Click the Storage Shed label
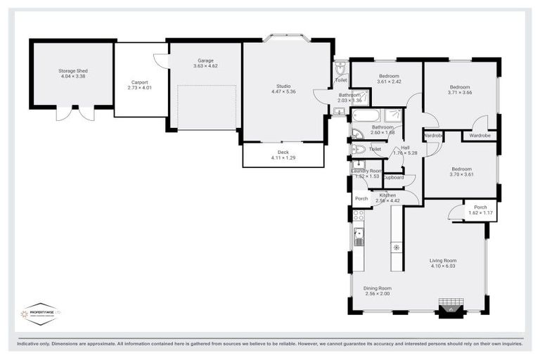point(73,71)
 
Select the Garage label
point(205,60)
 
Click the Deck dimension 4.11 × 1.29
point(283,158)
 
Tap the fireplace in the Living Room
point(447,308)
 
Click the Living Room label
point(444,261)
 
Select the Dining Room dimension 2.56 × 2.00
point(377,294)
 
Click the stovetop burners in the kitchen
point(358,216)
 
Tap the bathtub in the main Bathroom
point(366,115)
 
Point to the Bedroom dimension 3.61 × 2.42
point(390,82)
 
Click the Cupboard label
point(394,177)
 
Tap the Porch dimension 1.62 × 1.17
point(480,213)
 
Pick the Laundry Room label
point(366,171)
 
